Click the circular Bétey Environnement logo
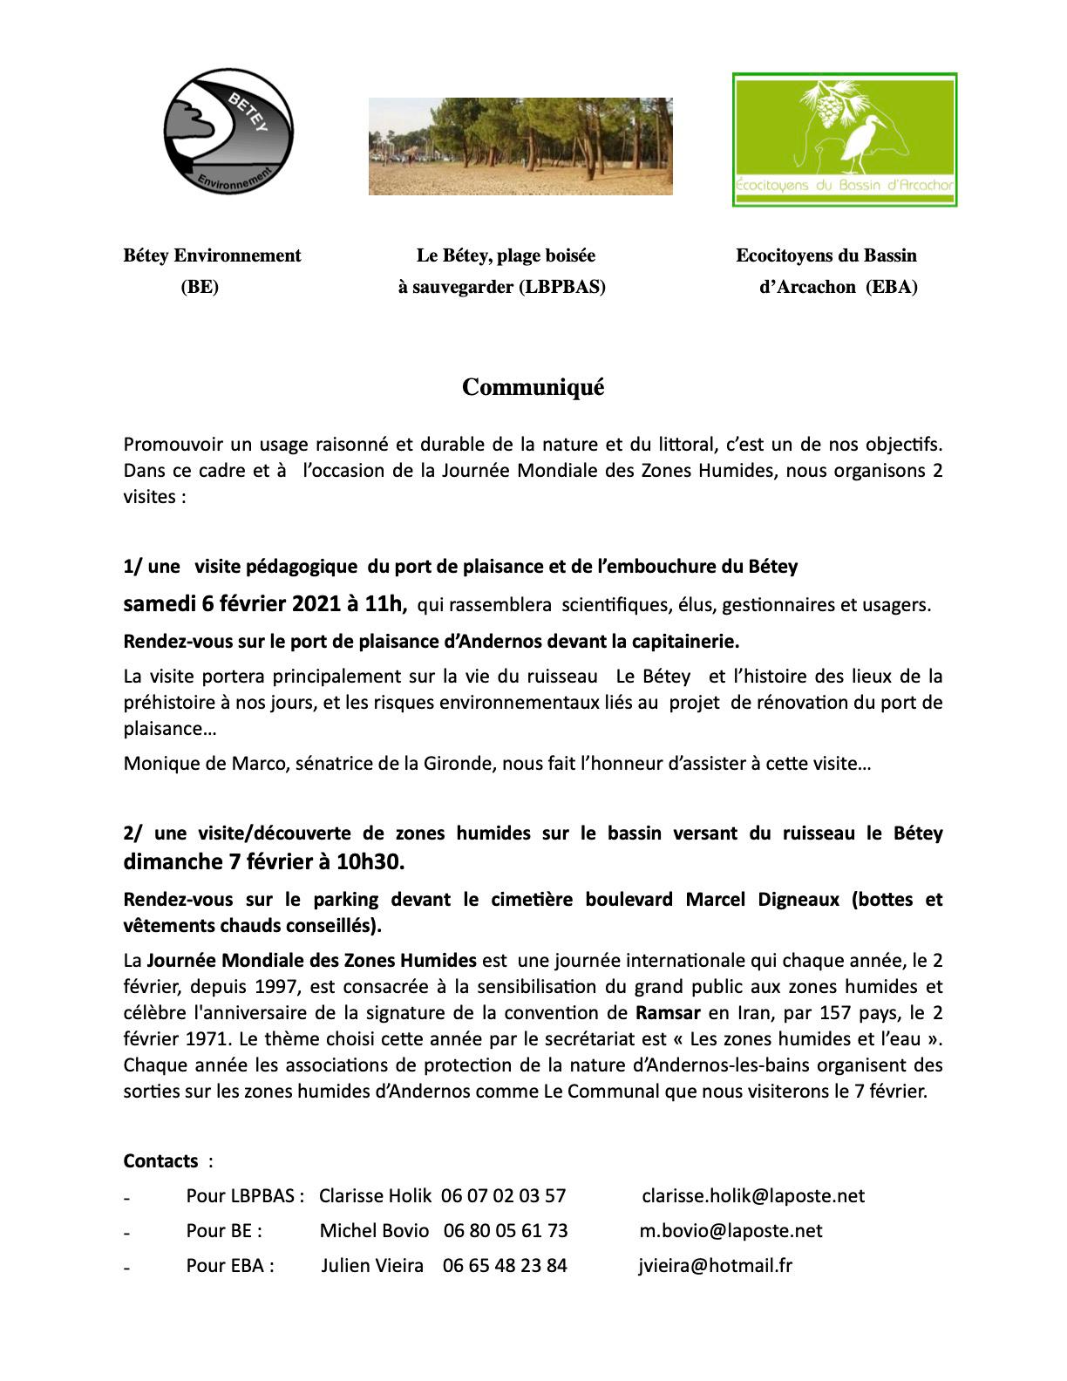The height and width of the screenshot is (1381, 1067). tap(228, 132)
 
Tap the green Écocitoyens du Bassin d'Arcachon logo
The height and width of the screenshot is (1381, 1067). tap(844, 140)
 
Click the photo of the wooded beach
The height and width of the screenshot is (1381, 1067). tap(520, 146)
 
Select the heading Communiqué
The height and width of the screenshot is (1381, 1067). tap(533, 387)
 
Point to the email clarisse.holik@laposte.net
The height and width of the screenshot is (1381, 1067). tap(753, 1195)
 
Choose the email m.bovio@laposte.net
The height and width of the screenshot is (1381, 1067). tap(731, 1230)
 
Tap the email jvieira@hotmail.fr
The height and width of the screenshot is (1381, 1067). tap(715, 1265)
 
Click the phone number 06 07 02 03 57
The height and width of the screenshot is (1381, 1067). tap(504, 1195)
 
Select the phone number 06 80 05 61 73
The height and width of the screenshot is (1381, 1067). tap(506, 1230)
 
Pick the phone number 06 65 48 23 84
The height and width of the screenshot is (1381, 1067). tap(505, 1265)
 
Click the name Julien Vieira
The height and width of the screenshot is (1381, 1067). tap(372, 1265)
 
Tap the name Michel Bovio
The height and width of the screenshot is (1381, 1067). tap(374, 1230)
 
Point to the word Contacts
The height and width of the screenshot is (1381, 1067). tap(161, 1161)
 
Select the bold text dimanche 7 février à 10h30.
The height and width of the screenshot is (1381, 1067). tap(264, 861)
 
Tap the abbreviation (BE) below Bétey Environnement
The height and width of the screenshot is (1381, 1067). tap(200, 287)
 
